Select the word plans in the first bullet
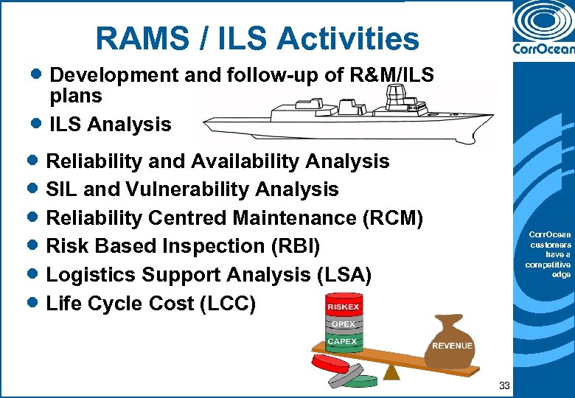point(76,96)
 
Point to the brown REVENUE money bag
point(452,343)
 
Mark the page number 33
point(504,385)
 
